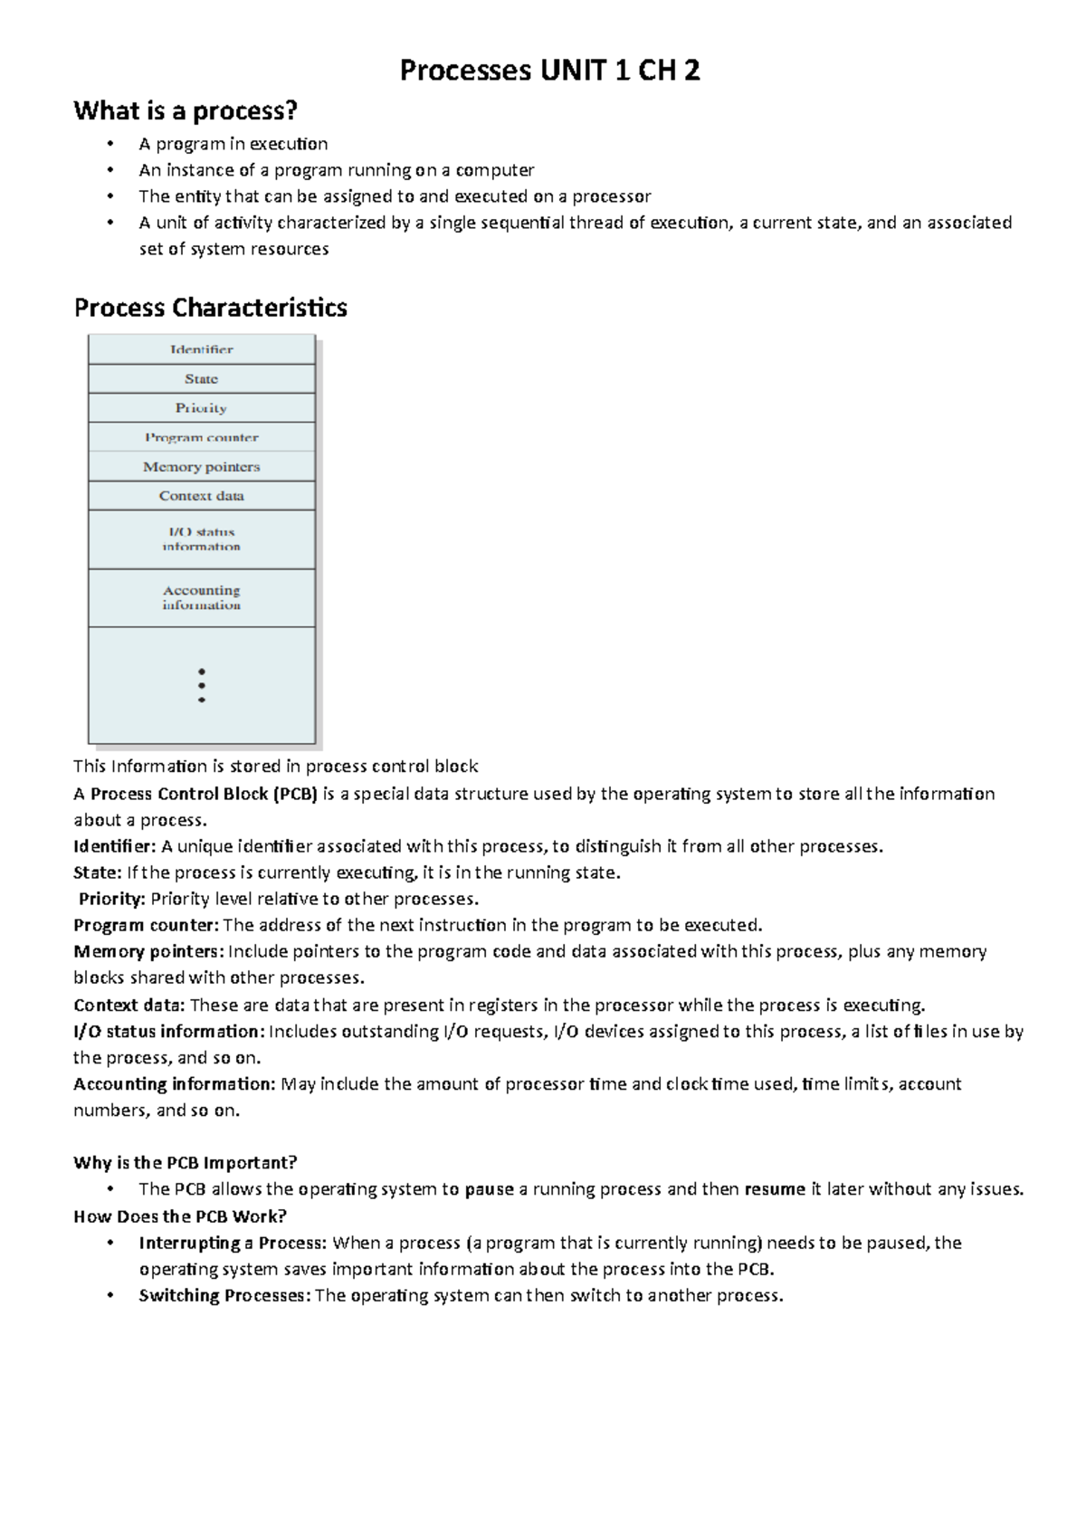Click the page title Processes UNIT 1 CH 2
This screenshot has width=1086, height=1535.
point(550,71)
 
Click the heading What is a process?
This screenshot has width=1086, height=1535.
point(185,111)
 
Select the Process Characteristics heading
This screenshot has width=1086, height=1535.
point(210,308)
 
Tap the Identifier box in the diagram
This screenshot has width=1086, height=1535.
point(201,349)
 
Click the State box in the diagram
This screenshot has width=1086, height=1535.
point(201,378)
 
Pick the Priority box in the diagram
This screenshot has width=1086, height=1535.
point(201,408)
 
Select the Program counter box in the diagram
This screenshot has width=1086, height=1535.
point(201,437)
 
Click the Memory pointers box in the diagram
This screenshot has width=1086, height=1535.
point(201,467)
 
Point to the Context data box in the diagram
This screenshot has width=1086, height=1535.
point(201,496)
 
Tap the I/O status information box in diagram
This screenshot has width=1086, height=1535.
point(201,539)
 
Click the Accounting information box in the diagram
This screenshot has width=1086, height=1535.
point(201,597)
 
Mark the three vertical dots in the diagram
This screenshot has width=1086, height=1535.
point(201,685)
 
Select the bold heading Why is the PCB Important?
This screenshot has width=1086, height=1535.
point(185,1162)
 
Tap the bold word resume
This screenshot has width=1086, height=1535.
point(774,1189)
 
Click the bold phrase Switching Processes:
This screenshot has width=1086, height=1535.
point(224,1295)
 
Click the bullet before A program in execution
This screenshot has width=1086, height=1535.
point(110,144)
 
